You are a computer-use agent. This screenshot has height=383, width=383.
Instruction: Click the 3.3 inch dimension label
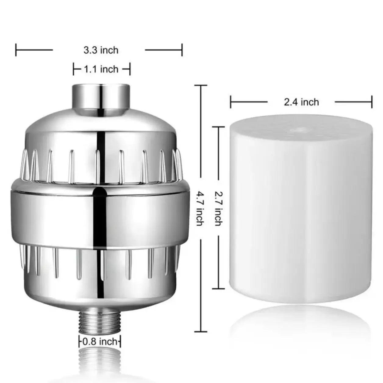[101, 50]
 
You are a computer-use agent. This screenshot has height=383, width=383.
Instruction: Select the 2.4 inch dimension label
[301, 102]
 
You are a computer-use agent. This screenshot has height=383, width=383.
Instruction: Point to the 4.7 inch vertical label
[200, 209]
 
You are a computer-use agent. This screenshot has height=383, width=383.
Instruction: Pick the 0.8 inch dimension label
[100, 341]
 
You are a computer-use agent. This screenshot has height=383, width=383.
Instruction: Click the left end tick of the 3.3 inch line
[16, 50]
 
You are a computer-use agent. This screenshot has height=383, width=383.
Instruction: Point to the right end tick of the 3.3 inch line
[182, 50]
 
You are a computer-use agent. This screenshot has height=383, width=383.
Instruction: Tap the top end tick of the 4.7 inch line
[200, 85]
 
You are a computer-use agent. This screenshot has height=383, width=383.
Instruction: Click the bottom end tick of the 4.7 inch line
[200, 331]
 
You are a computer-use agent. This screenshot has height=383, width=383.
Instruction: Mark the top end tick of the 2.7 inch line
[218, 127]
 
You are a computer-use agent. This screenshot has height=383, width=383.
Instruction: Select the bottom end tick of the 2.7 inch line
[218, 288]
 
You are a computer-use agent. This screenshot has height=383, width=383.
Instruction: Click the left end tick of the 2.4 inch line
[231, 102]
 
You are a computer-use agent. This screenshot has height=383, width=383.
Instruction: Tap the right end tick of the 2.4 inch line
[372, 102]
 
